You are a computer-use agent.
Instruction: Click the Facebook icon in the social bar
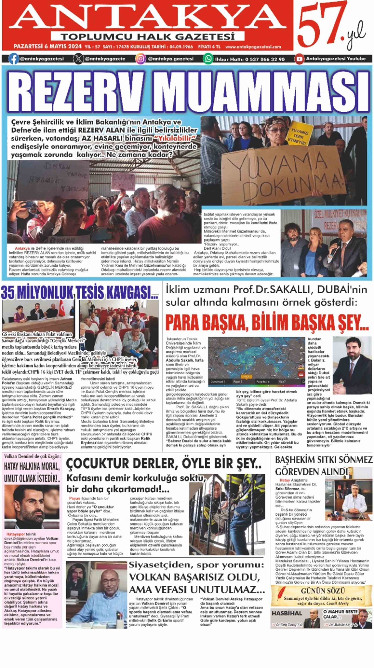(x=13, y=59)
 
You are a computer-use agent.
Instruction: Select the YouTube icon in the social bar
(x=299, y=59)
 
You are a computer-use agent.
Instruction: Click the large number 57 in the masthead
(x=320, y=25)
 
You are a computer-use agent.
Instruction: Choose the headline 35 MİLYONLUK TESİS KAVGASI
(x=79, y=293)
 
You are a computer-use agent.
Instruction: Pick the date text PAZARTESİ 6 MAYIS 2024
(x=47, y=47)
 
